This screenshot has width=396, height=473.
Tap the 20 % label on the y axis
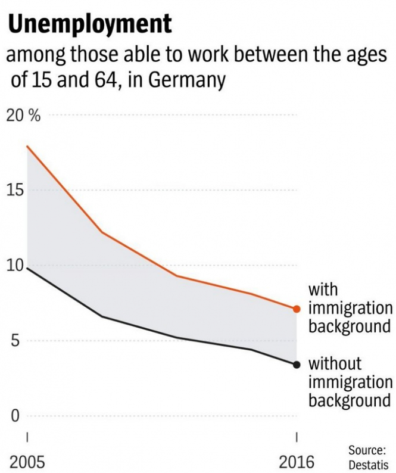(24, 116)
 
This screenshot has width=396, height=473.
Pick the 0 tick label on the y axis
(16, 416)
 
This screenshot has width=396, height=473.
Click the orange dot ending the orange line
(297, 309)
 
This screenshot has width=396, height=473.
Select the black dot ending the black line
(297, 365)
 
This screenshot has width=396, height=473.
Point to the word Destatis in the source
(368, 464)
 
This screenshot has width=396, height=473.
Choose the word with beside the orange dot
(323, 290)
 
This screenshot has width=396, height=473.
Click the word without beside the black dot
(335, 363)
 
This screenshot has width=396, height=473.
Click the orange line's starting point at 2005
(27, 147)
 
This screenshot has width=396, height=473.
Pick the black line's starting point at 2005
(27, 268)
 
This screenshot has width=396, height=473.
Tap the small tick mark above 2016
(297, 437)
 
